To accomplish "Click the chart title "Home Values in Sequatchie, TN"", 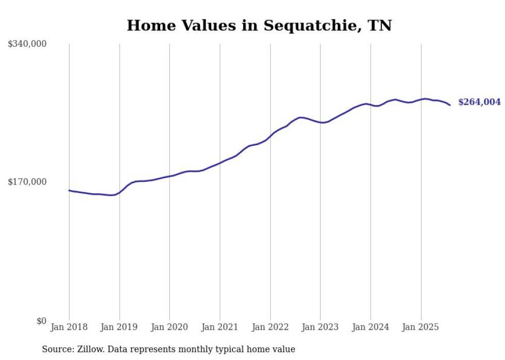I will coord(259,25).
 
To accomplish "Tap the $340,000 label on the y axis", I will coord(27,44).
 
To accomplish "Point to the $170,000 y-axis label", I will coord(27,182).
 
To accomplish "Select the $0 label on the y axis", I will coord(41,321).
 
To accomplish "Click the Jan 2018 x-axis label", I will coord(69,327).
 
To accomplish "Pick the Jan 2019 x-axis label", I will coord(120,327).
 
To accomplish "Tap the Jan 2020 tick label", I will coord(170,327).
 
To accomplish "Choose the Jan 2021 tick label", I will coord(220,327).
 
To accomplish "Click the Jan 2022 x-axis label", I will coord(270,327).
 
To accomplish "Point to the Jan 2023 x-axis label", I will coord(321,327).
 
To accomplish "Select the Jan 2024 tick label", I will coord(371,327).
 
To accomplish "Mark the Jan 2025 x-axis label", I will coord(421,327).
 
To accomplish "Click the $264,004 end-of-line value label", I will coord(479,102).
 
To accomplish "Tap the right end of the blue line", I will coord(450,105).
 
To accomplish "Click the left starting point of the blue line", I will coord(69,190).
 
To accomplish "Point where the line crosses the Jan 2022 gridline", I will coord(270,136).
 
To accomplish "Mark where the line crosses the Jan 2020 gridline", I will coord(170,176).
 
